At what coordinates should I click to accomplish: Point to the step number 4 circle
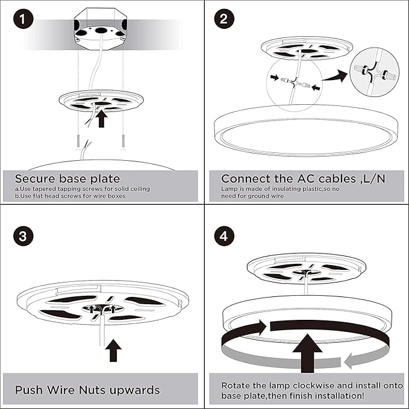coord(223,236)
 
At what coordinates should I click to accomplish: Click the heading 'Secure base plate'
coord(67,178)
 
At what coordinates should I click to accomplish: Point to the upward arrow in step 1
coord(101,117)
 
